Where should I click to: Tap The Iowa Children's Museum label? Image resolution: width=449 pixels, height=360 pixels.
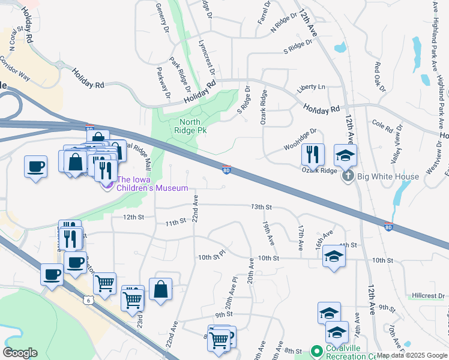(148, 184)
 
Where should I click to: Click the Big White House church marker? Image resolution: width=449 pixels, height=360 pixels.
(347, 176)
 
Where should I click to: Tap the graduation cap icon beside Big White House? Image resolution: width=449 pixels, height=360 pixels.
(345, 155)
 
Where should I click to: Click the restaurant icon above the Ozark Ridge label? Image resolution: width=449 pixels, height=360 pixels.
(313, 154)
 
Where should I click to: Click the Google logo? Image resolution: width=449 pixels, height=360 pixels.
(20, 353)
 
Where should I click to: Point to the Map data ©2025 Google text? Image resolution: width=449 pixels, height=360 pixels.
(412, 355)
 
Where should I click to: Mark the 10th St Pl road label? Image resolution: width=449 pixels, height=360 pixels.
(211, 256)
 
